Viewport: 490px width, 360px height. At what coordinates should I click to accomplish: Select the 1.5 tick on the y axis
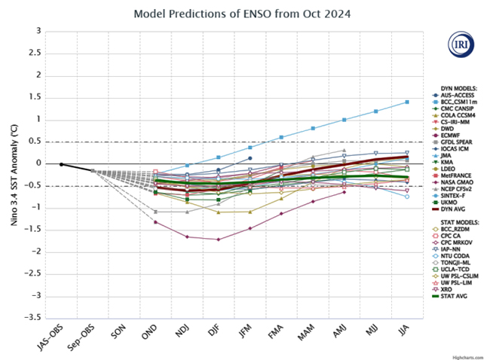(34, 97)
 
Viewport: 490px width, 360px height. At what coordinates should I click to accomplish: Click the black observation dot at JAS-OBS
(62, 164)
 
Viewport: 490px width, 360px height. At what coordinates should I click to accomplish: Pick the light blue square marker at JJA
(407, 102)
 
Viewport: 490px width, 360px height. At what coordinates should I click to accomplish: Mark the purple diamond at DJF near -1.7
(219, 239)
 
